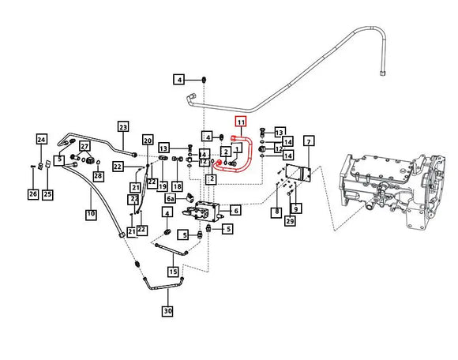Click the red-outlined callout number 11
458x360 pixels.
pyautogui.click(x=241, y=122)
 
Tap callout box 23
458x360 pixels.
pyautogui.click(x=122, y=127)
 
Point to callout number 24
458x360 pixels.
pyautogui.click(x=41, y=140)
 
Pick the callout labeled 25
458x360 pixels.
pyautogui.click(x=47, y=193)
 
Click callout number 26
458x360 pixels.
pyautogui.click(x=32, y=193)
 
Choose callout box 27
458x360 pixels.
pyautogui.click(x=84, y=146)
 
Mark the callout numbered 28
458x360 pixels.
pyautogui.click(x=99, y=174)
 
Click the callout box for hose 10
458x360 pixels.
pyautogui.click(x=91, y=213)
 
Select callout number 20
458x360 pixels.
pyautogui.click(x=147, y=140)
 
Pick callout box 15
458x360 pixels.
pyautogui.click(x=173, y=272)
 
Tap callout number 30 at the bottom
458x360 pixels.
pyautogui.click(x=167, y=311)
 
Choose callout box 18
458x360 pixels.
pyautogui.click(x=177, y=186)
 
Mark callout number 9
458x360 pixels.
pyautogui.click(x=296, y=208)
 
